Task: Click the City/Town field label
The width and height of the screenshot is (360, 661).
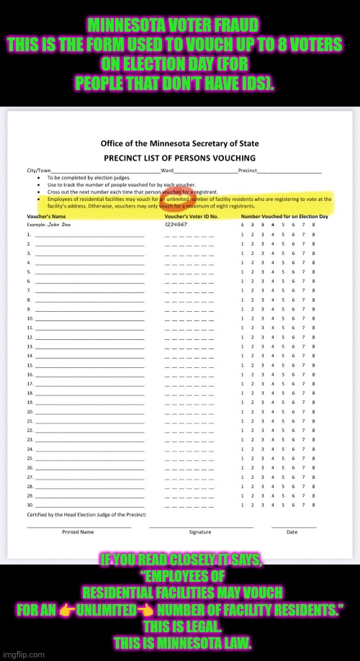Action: [36, 171]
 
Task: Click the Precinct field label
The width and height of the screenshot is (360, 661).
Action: [246, 171]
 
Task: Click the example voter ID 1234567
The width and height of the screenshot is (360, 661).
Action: [176, 225]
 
